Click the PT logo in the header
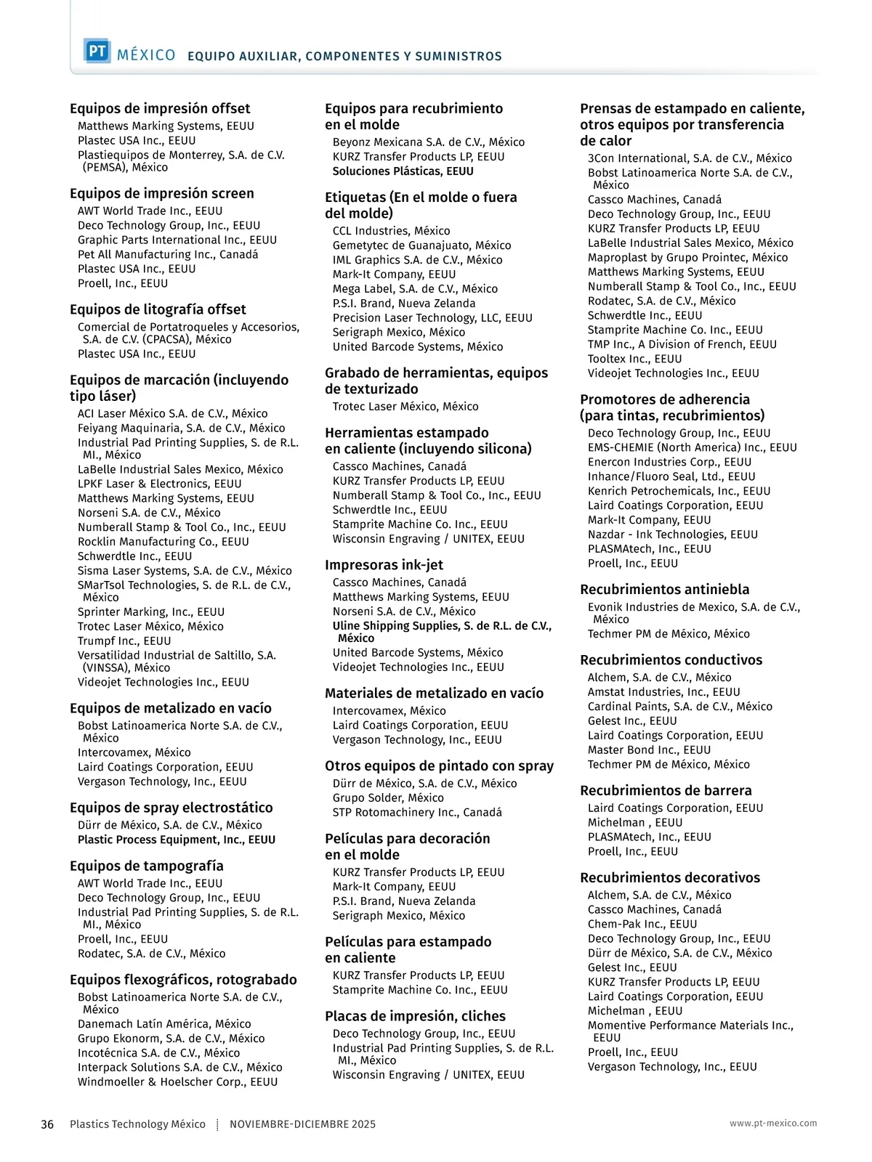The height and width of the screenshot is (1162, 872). pos(97,52)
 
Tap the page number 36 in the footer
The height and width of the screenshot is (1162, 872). pos(47,1124)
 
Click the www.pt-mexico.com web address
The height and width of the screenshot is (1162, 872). pos(773,1124)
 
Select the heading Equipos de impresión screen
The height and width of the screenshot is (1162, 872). pos(162,194)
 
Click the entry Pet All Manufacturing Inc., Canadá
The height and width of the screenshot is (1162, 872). pos(168,255)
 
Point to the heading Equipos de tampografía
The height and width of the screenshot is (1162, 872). pos(147,866)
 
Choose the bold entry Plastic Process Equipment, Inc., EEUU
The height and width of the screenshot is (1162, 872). pos(177,840)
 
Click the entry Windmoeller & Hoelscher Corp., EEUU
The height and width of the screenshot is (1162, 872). pos(177,1082)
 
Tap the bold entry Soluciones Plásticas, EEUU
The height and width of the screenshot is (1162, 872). pos(403,172)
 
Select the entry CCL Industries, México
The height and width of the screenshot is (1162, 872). pos(391,232)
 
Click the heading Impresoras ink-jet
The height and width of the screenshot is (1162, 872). pos(384,565)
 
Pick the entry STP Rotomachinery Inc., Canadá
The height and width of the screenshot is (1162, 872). pos(417,813)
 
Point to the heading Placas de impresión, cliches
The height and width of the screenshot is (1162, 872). pos(415,1017)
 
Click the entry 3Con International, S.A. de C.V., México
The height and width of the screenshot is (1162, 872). pos(690,159)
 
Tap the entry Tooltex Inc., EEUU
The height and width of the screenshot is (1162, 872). pos(634,359)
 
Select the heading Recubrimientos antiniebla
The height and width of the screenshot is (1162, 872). pos(664,590)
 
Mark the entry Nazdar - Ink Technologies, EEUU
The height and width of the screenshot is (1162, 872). pos(672,535)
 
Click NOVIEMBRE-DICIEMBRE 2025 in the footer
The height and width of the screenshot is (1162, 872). pos(302,1124)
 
